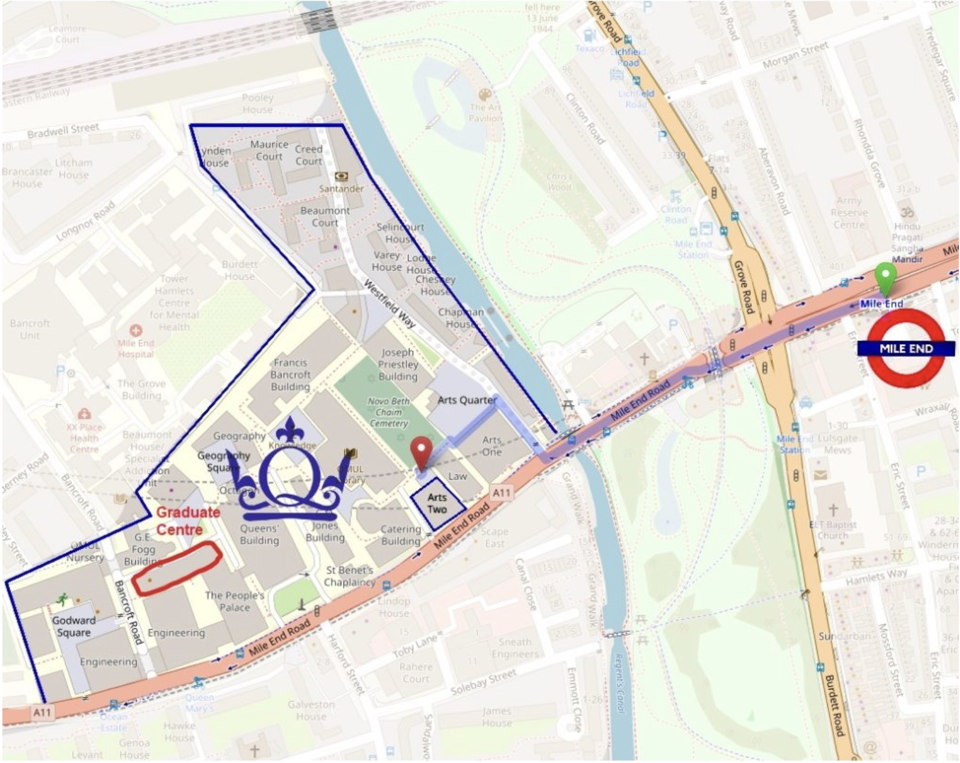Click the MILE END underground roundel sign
click(x=906, y=349)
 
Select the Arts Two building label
click(x=437, y=503)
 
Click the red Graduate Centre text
click(x=188, y=521)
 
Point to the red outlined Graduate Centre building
click(x=176, y=568)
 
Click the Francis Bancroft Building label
click(x=290, y=374)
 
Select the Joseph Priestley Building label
click(x=398, y=364)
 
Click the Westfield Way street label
click(x=389, y=303)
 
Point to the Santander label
click(x=341, y=189)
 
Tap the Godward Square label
click(x=74, y=626)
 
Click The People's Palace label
click(x=235, y=601)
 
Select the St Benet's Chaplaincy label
click(x=350, y=576)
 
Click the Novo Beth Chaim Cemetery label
click(x=388, y=412)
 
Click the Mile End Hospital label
click(x=136, y=348)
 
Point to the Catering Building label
click(x=400, y=535)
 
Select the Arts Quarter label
click(x=467, y=400)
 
